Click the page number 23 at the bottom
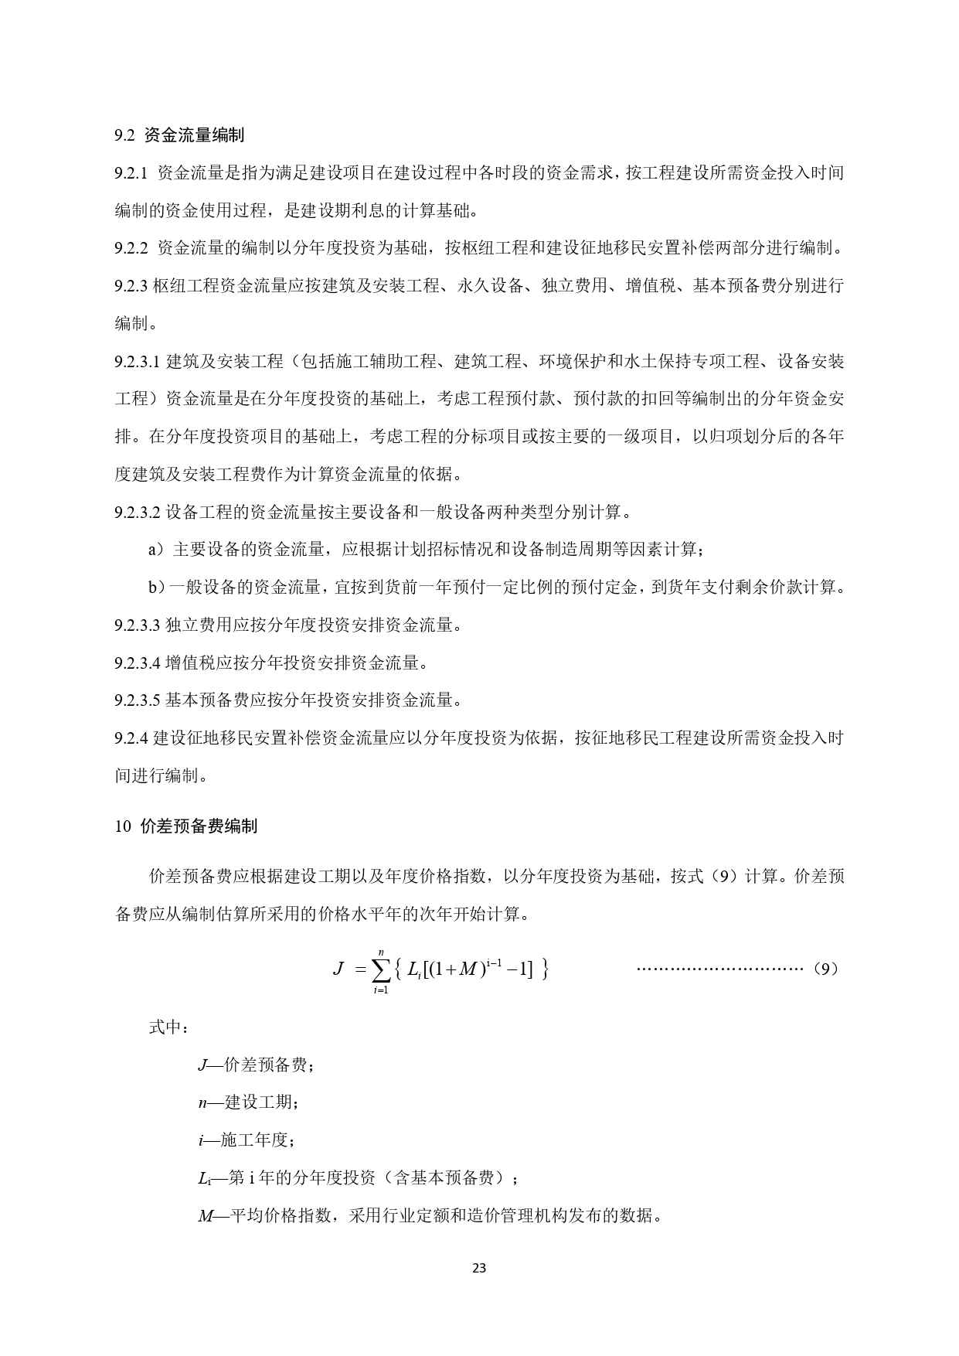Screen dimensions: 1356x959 [479, 1268]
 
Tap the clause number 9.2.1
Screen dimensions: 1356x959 [131, 173]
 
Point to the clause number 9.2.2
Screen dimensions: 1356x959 [131, 248]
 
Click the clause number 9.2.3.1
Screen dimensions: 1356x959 [137, 362]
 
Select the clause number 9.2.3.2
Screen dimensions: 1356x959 [137, 512]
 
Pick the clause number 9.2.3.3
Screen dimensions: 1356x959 [137, 625]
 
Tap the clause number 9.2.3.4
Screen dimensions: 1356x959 [137, 663]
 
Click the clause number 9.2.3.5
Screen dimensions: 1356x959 [137, 700]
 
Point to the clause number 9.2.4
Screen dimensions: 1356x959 [131, 738]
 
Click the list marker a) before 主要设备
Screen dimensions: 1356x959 [157, 550]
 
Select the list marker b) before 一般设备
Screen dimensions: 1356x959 [157, 588]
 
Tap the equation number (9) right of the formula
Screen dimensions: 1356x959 [826, 969]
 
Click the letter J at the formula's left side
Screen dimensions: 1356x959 [338, 968]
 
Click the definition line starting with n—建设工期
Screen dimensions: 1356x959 [247, 1102]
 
